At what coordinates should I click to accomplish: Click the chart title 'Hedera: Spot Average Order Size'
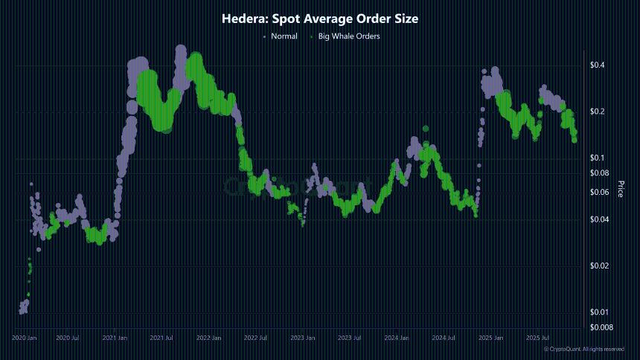(x=320, y=19)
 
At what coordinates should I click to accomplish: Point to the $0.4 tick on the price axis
(x=597, y=65)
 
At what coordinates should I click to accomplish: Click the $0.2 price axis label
(x=597, y=112)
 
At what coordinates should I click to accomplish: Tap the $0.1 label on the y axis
(x=597, y=158)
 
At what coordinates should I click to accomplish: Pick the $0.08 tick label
(x=598, y=173)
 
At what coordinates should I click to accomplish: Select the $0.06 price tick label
(x=598, y=192)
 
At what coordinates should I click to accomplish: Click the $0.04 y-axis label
(x=598, y=219)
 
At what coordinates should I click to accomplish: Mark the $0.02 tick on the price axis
(x=598, y=266)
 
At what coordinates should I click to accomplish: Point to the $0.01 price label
(x=598, y=312)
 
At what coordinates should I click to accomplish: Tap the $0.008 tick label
(x=600, y=327)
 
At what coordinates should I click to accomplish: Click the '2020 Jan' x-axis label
(x=24, y=338)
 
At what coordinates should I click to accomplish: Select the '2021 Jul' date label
(x=161, y=338)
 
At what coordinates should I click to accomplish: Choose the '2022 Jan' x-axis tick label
(x=208, y=338)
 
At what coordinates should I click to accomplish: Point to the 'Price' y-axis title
(x=620, y=188)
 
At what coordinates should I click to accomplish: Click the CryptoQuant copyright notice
(x=583, y=349)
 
